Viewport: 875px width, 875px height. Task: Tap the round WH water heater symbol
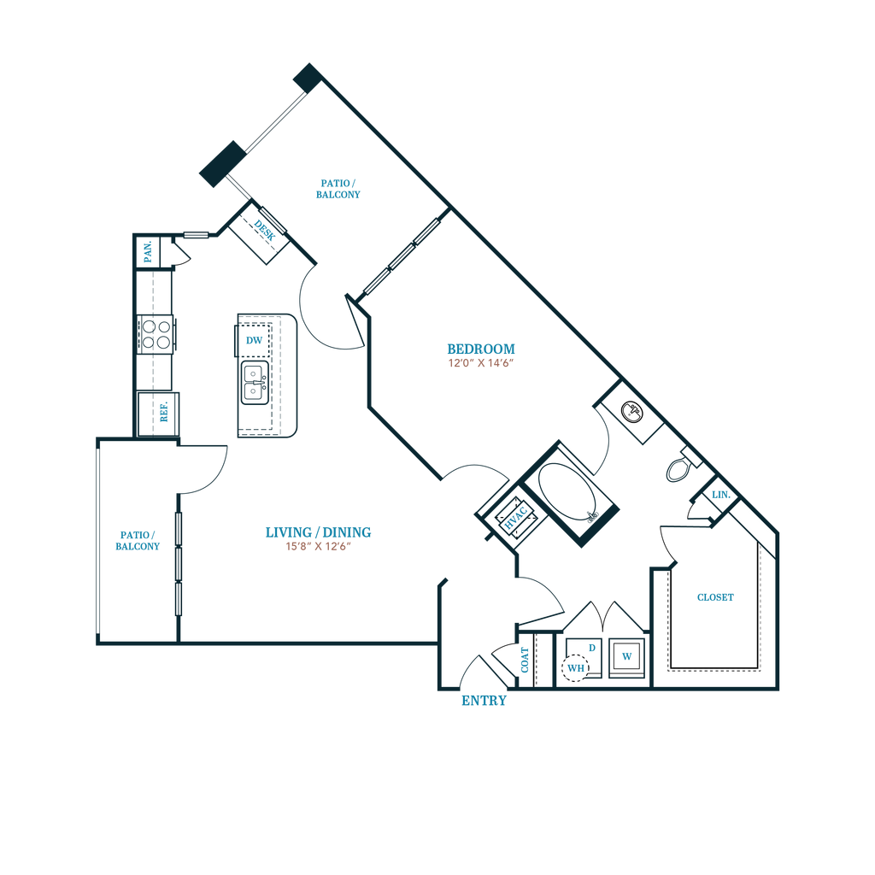pos(575,667)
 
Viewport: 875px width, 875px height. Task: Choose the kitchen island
pos(266,376)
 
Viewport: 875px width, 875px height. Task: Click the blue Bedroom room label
pos(481,349)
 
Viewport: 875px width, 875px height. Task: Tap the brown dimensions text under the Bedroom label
pos(480,363)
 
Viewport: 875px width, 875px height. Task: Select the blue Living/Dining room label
pos(318,532)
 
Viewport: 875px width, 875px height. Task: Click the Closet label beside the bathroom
pos(715,598)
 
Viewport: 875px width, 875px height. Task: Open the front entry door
pos(481,671)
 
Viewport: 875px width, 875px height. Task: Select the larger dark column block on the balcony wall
pos(221,162)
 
